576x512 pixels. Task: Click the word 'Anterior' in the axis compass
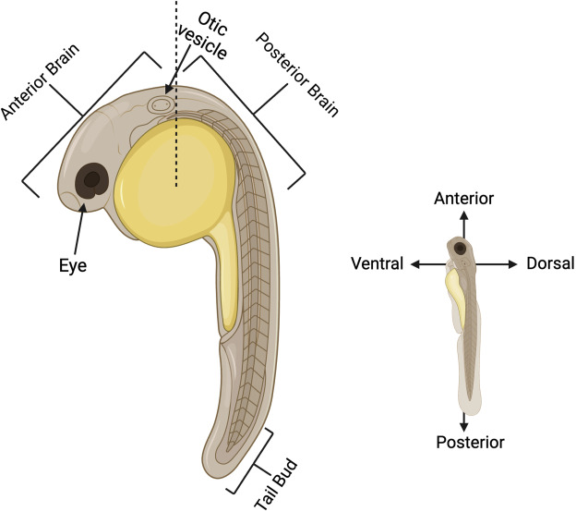tap(463, 199)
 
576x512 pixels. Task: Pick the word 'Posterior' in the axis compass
tap(471, 442)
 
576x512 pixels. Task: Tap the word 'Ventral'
tap(378, 264)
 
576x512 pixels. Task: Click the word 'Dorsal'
tap(550, 264)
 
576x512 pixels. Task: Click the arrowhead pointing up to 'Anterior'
tap(463, 213)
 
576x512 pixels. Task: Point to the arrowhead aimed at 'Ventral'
tap(414, 264)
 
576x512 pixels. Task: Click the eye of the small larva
tap(460, 248)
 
